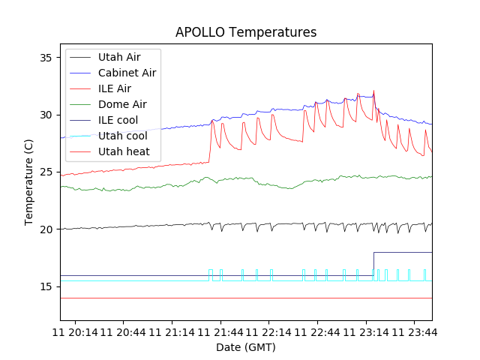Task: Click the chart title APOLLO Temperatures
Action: click(x=246, y=32)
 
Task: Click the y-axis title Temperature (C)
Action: click(x=29, y=181)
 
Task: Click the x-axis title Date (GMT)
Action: click(x=246, y=347)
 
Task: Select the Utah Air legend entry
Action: click(x=119, y=57)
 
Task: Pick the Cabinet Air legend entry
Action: click(x=127, y=73)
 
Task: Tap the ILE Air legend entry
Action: click(x=115, y=88)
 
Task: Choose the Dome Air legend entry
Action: click(x=122, y=104)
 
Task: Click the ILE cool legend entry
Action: click(x=116, y=120)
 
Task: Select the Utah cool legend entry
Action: click(x=122, y=136)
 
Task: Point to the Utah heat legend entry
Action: click(x=124, y=151)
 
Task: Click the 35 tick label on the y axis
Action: click(x=47, y=58)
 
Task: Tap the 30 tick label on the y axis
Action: click(x=47, y=115)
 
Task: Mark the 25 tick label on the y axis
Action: click(x=47, y=172)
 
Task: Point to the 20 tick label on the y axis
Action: click(x=47, y=229)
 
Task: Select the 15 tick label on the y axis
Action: click(x=47, y=286)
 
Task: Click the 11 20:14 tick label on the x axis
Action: click(x=76, y=331)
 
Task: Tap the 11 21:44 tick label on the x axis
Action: click(x=221, y=331)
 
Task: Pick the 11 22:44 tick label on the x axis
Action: click(x=318, y=331)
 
